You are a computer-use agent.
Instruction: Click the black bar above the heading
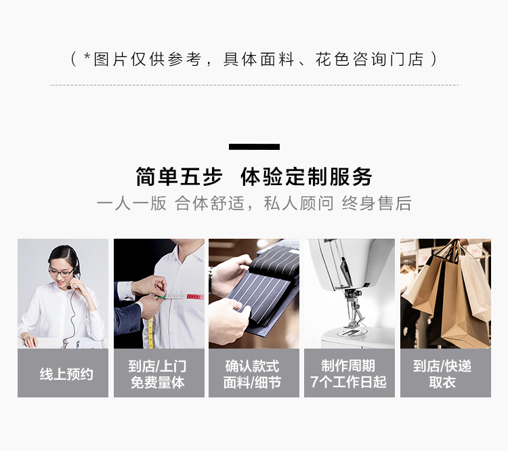pos(254,146)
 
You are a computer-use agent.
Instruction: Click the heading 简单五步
pos(179,177)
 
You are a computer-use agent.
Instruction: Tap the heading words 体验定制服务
pos(306,177)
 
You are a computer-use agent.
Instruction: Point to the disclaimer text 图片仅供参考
pos(148,60)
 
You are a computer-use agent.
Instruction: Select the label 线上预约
pos(66,374)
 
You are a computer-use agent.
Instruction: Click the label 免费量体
pos(158,383)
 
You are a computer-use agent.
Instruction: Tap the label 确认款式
pos(252,366)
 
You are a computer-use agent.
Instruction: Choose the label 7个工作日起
pos(348,382)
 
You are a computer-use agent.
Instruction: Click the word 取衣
pos(442,383)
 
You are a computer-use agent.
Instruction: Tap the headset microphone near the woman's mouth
pos(69,288)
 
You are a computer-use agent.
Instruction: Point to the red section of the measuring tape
pos(195,296)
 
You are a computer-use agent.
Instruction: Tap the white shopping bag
pos(475,283)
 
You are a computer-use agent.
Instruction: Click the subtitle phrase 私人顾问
pos(299,203)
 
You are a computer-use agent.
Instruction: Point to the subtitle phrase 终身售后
pos(377,203)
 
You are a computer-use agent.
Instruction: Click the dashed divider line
pos(254,85)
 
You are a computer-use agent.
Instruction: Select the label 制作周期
pos(348,366)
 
